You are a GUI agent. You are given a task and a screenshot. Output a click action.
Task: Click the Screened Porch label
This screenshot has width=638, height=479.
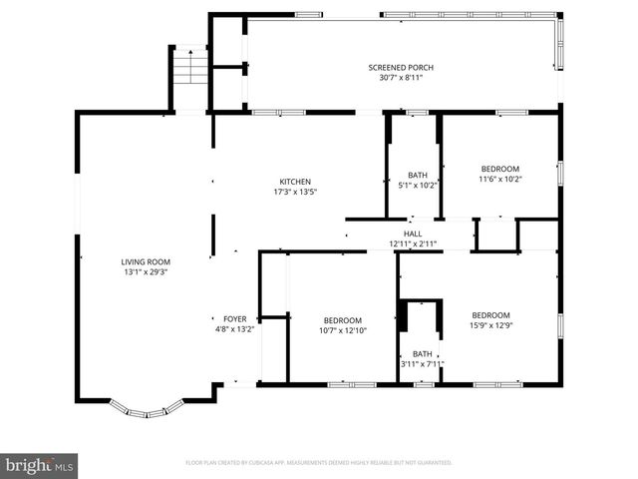point(401,68)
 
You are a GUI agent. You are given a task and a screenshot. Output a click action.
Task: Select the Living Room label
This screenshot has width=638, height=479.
point(146,261)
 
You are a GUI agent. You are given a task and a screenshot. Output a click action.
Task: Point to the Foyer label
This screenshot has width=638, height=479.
point(235,319)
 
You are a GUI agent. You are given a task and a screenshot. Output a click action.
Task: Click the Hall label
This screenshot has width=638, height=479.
point(413,234)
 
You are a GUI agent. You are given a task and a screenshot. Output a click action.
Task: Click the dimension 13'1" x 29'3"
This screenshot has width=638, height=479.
point(146,271)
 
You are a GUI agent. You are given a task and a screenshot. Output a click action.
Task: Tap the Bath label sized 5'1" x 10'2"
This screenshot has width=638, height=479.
point(418,175)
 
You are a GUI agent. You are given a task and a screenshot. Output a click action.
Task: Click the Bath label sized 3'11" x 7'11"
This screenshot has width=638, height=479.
point(423,353)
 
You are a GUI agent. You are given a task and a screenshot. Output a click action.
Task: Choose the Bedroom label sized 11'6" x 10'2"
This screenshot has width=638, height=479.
point(499,169)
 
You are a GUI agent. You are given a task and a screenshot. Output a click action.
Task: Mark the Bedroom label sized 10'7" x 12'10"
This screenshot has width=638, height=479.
point(343,320)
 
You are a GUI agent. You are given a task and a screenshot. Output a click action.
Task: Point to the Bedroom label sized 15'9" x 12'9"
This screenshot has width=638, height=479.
point(491,314)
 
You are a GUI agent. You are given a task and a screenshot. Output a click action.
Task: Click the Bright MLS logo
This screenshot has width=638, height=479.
point(40,465)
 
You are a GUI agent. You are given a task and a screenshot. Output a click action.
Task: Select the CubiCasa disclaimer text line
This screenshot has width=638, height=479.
point(319,463)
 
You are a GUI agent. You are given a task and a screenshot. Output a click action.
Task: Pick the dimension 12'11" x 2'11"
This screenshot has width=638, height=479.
point(413,243)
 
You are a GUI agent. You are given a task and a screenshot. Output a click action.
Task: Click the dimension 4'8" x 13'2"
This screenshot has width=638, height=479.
point(235,329)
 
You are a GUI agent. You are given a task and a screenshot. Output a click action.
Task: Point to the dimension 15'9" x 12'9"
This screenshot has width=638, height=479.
point(491,324)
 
